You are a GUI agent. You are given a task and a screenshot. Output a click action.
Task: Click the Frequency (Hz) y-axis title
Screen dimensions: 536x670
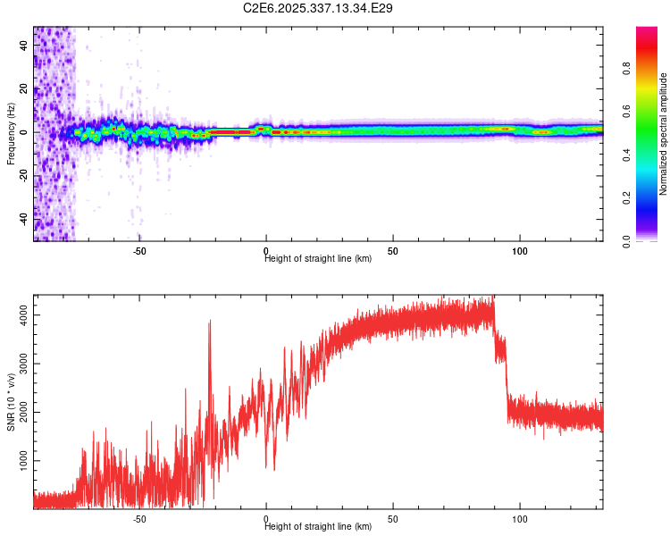coord(11,134)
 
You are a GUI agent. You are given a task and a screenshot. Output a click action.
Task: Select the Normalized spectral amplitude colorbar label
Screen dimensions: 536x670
coord(663,134)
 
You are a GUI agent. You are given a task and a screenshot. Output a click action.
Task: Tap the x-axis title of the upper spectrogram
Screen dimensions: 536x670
coord(318,259)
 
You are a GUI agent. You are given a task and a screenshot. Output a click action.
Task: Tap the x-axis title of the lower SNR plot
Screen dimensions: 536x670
coord(318,527)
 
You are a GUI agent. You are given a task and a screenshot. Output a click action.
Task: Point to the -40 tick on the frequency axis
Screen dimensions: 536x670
coord(25,219)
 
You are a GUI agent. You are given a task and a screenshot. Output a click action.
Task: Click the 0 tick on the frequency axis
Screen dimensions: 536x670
coord(25,132)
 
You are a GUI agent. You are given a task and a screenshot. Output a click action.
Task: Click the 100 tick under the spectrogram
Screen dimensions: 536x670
coord(520,251)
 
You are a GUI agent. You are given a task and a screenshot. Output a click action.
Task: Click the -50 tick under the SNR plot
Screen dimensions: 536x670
coord(139,519)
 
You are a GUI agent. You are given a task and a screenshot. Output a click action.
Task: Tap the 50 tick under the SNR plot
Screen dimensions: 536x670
coord(393,519)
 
